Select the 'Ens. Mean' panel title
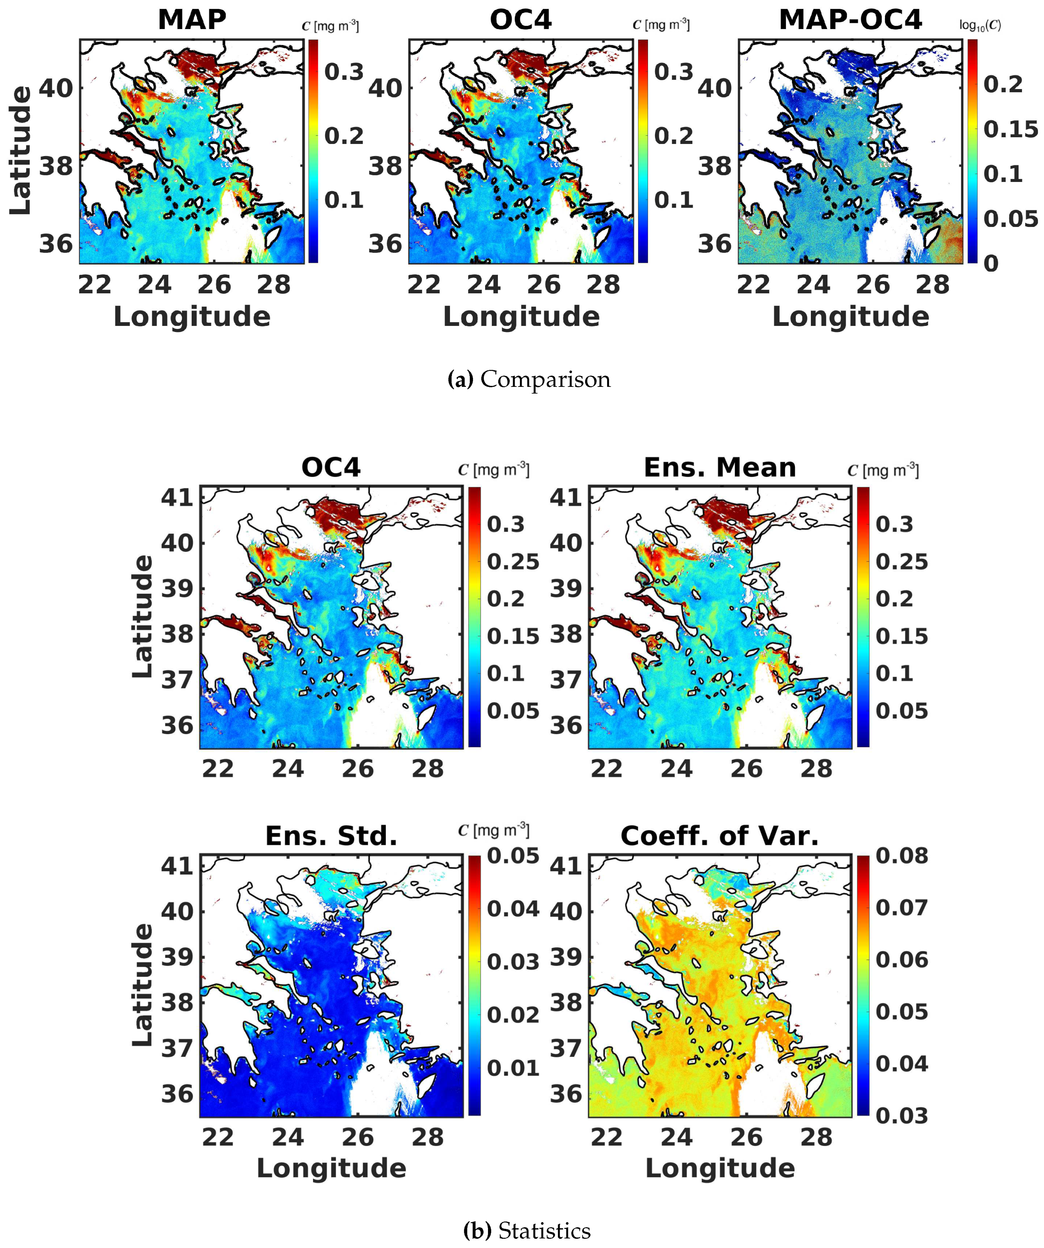[x=719, y=468]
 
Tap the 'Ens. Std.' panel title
[x=331, y=836]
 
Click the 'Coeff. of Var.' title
[x=719, y=836]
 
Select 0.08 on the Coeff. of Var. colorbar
[x=901, y=856]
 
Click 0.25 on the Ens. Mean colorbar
[x=901, y=562]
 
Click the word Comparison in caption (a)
[x=545, y=379]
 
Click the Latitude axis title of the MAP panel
[x=21, y=150]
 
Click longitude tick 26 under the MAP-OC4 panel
[x=873, y=285]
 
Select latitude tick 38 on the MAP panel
[x=55, y=166]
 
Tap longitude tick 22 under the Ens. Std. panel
[x=218, y=1137]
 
